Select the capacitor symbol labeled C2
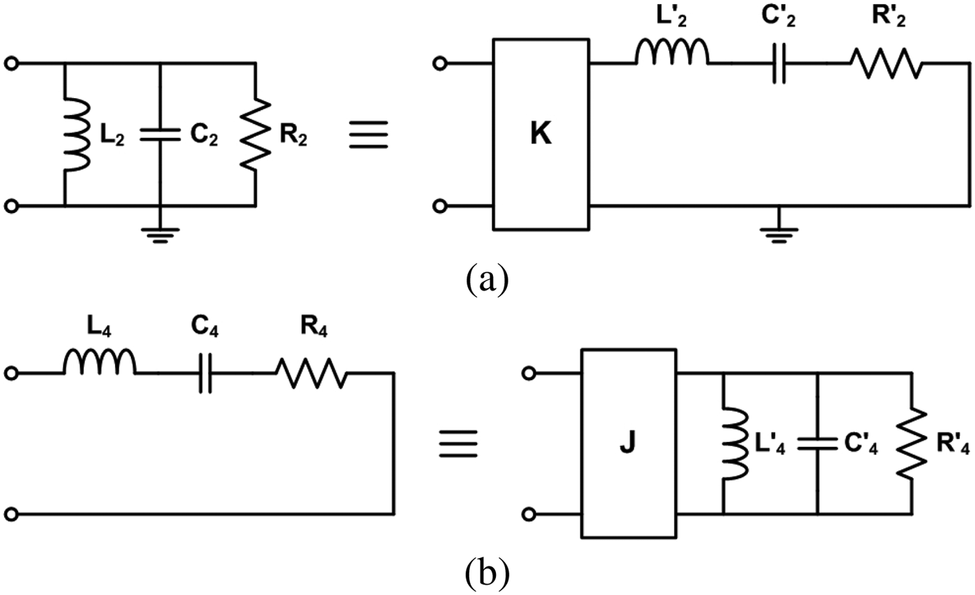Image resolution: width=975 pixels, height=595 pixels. coord(160,135)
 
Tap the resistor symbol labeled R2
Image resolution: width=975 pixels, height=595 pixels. coord(256,135)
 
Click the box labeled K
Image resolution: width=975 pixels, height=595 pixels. coord(540,134)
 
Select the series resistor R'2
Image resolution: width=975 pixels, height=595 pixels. coord(885,65)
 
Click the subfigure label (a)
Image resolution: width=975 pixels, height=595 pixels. coord(486,279)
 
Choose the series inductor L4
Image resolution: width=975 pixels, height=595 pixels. coord(100,363)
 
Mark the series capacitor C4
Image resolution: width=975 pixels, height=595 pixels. coord(205,374)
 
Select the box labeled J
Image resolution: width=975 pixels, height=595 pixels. coord(628,443)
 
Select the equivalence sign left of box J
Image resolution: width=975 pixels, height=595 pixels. coord(458,443)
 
